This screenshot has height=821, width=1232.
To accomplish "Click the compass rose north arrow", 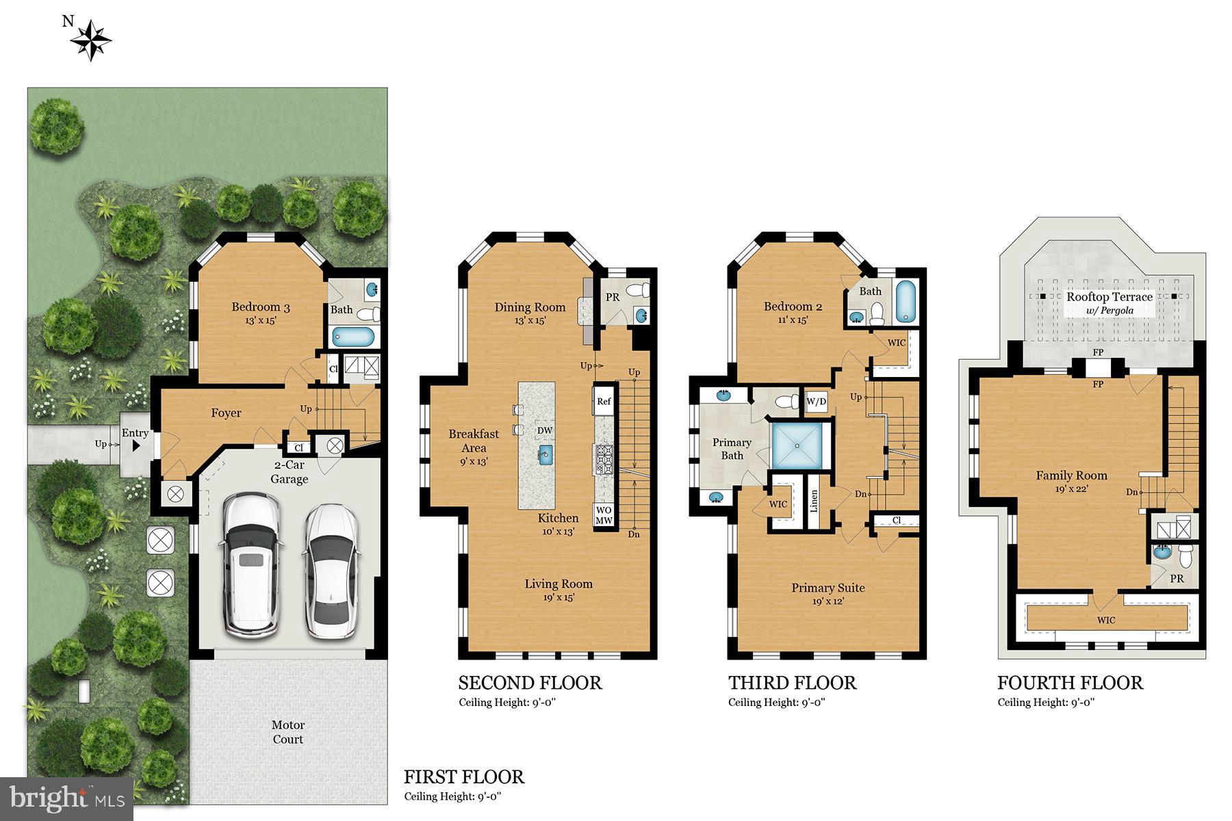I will (x=90, y=40).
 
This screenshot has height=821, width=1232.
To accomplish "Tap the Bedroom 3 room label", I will (x=260, y=307).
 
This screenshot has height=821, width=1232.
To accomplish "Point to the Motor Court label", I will (x=288, y=732).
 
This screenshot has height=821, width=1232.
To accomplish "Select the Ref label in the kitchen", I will (x=604, y=402).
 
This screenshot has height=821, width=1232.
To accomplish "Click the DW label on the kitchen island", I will (x=545, y=430).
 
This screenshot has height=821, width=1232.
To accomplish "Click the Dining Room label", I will (x=530, y=307).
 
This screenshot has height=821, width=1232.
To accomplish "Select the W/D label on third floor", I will (x=815, y=402).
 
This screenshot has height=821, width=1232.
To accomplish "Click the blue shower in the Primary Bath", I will (x=798, y=445).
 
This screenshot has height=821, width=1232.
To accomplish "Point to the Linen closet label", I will (x=814, y=501).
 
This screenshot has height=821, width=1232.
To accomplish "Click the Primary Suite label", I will (x=827, y=588).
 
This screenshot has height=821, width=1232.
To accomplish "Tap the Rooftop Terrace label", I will (x=1109, y=297).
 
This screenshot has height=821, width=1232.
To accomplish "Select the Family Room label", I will (x=1071, y=475).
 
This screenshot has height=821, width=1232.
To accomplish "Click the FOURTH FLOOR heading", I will (x=1070, y=683).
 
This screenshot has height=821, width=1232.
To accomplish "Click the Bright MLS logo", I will (x=67, y=798).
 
